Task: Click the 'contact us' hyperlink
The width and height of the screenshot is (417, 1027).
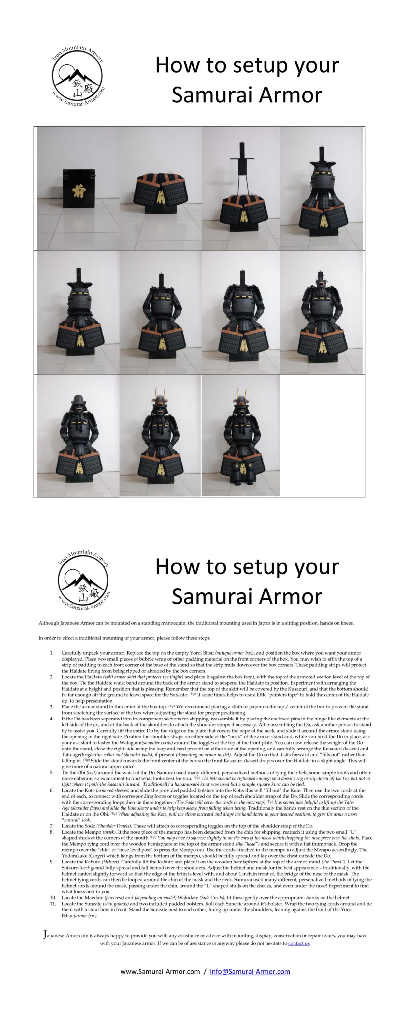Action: pos(299,943)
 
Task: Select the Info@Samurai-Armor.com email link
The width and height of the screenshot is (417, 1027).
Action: pos(250,971)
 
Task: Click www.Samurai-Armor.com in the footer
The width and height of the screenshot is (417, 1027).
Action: pos(160,971)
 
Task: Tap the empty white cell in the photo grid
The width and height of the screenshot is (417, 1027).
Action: pos(322,435)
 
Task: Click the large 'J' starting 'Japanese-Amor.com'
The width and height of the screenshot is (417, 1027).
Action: pos(45,935)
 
